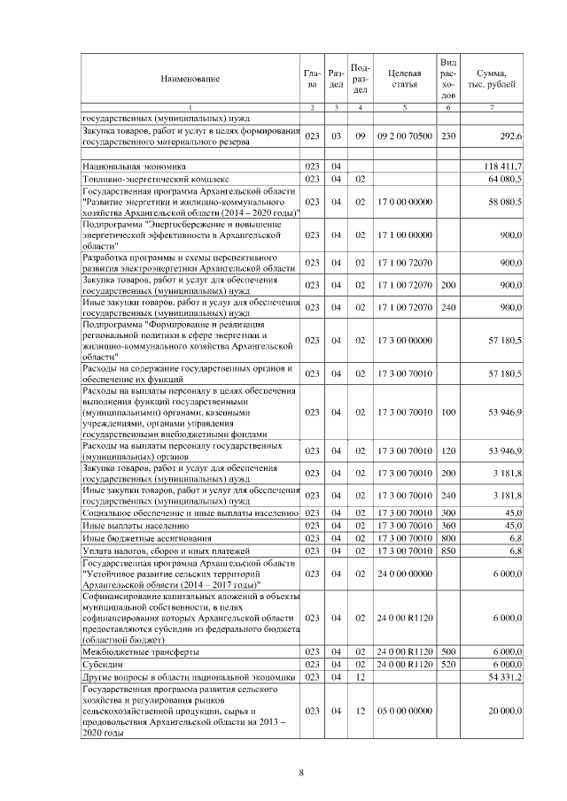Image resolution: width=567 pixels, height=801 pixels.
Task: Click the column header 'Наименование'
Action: point(190,80)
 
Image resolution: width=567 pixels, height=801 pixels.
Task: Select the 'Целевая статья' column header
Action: point(404,80)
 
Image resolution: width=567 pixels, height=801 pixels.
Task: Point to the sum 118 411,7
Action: point(505,166)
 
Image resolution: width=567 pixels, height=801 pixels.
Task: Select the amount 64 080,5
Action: point(507,179)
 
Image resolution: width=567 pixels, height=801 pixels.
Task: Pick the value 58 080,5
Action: point(507,203)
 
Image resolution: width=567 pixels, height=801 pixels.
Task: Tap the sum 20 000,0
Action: point(507,711)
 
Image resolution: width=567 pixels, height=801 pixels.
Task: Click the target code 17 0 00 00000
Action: point(404,203)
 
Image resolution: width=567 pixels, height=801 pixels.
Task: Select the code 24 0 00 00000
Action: point(404,574)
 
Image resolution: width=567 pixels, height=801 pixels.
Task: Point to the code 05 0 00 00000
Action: point(404,711)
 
